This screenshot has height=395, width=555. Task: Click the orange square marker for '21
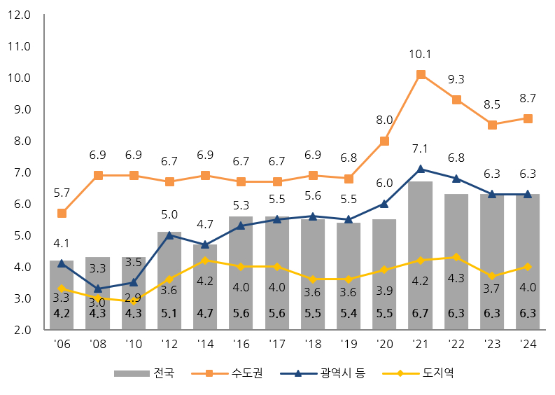(421, 74)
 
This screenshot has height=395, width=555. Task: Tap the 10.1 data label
(421, 54)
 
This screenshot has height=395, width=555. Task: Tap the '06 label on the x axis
(62, 344)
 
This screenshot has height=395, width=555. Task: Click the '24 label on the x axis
(528, 344)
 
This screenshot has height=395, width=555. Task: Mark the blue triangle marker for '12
(169, 235)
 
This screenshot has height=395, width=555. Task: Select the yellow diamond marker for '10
(134, 301)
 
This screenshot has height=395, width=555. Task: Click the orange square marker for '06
(62, 213)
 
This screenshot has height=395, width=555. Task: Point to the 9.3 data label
(456, 79)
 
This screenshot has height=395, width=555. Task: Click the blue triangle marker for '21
(421, 169)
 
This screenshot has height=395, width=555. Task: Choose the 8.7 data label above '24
(528, 98)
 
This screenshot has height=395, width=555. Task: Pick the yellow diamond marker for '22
(456, 257)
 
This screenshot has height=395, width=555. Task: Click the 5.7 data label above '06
(62, 193)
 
